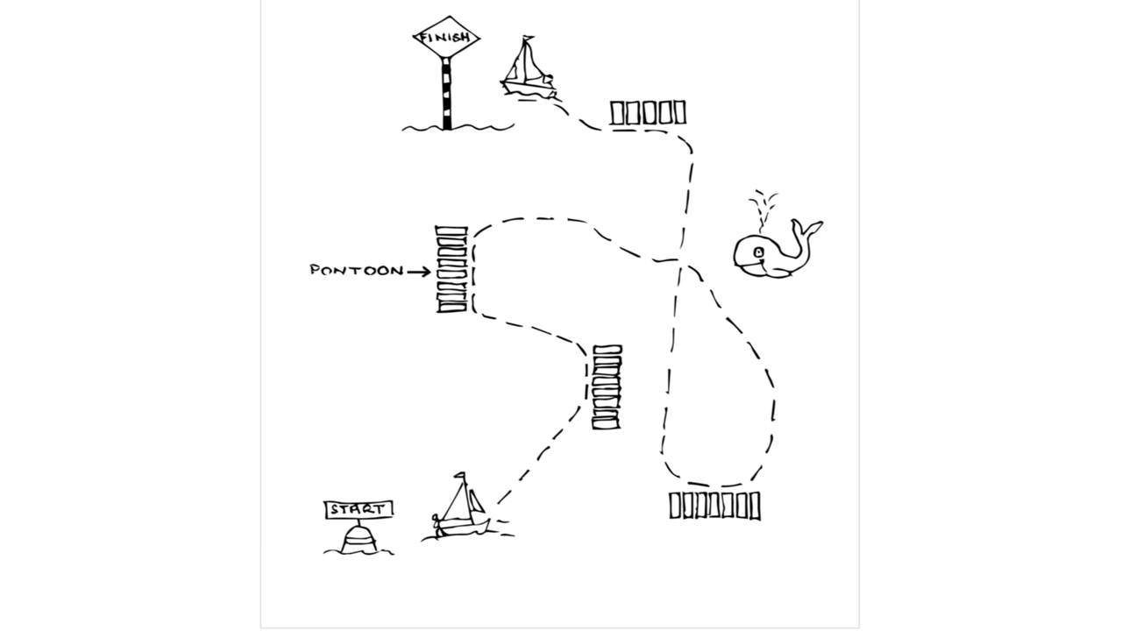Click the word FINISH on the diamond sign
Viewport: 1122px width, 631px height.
point(445,38)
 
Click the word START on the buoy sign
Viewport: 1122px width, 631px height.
point(358,510)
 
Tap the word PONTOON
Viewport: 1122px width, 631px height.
point(357,271)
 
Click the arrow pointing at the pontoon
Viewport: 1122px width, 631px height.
point(419,272)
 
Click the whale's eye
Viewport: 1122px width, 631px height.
point(759,252)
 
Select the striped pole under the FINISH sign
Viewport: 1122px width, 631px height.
point(446,94)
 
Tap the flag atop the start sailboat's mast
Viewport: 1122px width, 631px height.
point(460,476)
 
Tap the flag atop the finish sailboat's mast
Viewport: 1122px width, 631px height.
point(528,38)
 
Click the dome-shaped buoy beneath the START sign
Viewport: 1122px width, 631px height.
point(359,538)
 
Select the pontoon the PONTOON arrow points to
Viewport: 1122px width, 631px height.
point(451,269)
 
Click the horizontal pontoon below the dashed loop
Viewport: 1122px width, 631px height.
point(714,506)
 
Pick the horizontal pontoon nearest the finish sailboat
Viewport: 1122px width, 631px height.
point(648,113)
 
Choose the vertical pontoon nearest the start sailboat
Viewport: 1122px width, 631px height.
point(607,387)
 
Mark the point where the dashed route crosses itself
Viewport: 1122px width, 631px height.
point(681,261)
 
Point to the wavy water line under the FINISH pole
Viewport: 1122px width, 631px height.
point(458,128)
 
